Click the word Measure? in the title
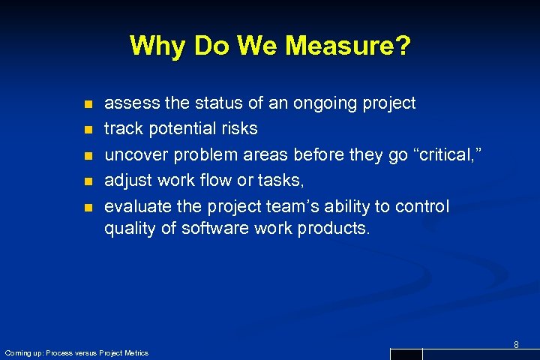349,46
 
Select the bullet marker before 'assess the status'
87,103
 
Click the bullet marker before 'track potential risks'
87,130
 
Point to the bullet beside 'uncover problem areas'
87,156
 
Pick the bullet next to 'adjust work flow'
87,181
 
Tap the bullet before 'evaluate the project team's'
87,207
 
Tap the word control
422,207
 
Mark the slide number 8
516,344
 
